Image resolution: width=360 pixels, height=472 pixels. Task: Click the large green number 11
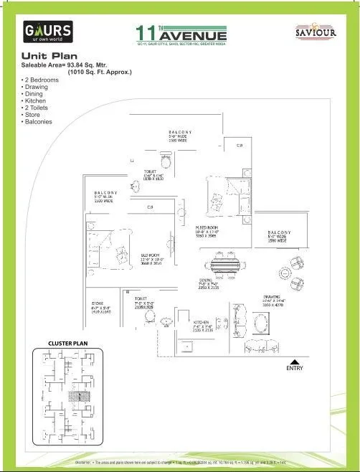pyautogui.click(x=146, y=33)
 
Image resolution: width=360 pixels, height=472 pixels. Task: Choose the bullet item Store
pyautogui.click(x=34, y=114)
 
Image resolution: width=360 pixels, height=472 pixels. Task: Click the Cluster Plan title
pyautogui.click(x=67, y=344)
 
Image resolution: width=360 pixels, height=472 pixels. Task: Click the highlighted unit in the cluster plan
pyautogui.click(x=75, y=395)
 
